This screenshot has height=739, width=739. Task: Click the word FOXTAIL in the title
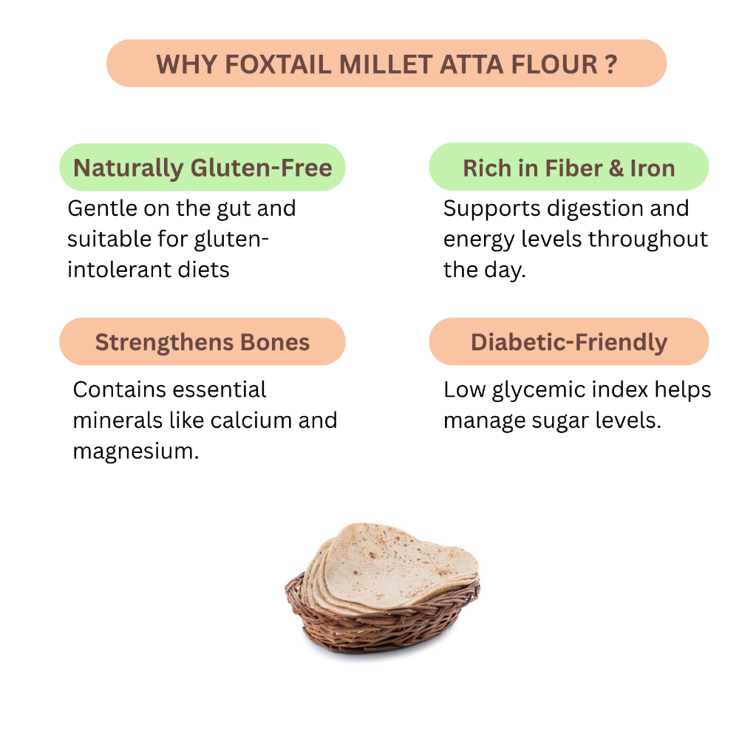278,64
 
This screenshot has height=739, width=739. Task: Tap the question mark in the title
611,64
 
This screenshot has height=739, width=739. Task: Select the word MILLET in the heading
386,64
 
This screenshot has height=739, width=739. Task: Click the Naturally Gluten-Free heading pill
202,167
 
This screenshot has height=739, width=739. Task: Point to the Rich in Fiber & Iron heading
569,167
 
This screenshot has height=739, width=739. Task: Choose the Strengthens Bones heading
202,341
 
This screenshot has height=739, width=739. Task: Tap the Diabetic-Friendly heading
569,341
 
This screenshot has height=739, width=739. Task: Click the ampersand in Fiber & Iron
616,168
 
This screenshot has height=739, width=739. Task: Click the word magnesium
136,452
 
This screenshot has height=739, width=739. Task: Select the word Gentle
102,208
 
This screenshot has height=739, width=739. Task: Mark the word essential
220,389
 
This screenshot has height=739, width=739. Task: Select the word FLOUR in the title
554,64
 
